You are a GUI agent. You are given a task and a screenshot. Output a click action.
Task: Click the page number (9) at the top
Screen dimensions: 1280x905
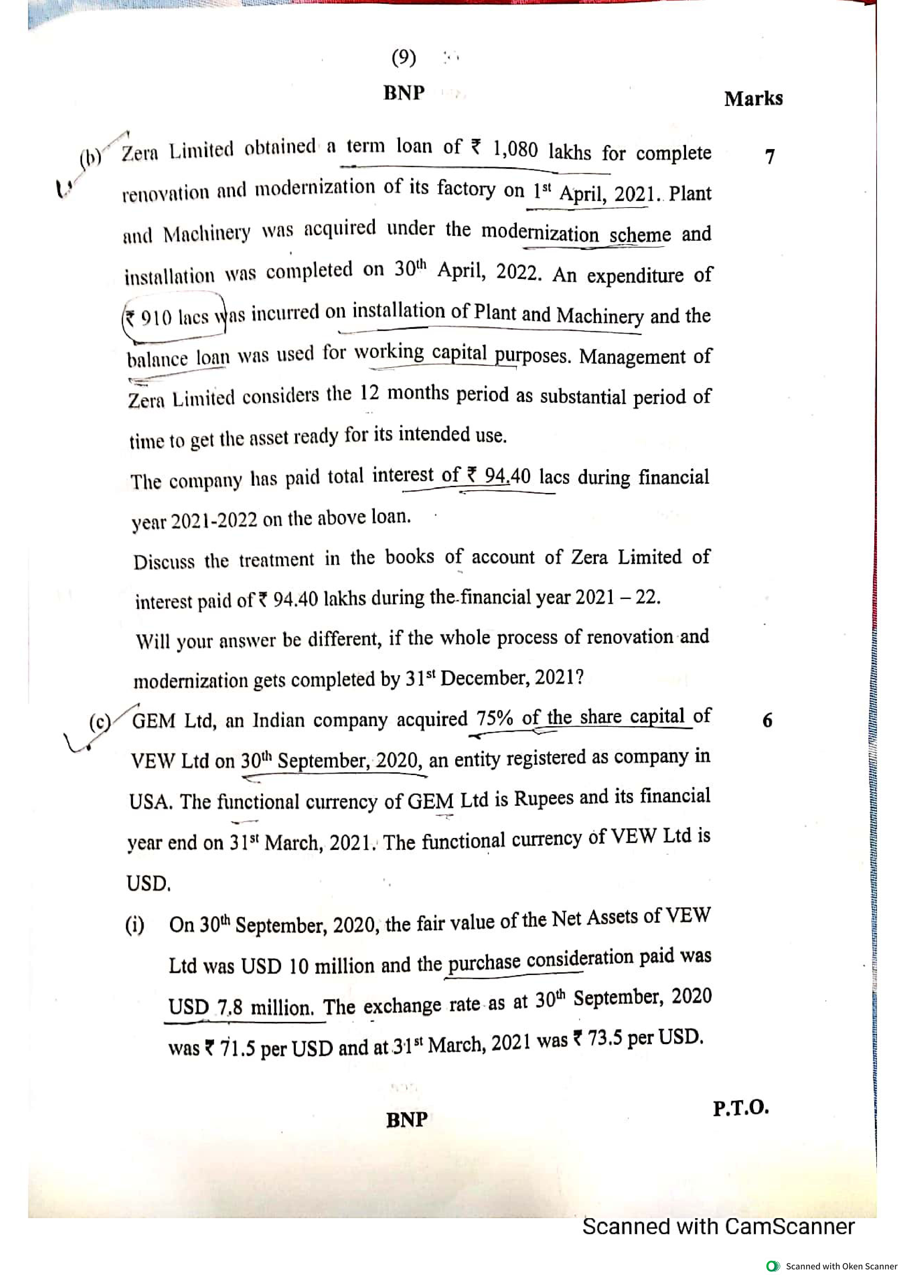[x=404, y=57]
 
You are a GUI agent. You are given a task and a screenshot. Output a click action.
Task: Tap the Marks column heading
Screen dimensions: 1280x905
[x=753, y=99]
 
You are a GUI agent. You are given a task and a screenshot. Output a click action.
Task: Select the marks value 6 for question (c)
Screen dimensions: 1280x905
[x=767, y=721]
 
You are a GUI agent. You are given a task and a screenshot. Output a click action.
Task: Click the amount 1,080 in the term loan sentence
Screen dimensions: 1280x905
[x=515, y=149]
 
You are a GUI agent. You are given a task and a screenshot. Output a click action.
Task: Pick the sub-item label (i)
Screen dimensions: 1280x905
[x=134, y=925]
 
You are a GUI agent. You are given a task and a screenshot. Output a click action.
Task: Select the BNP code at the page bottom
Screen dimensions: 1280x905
[x=406, y=1119]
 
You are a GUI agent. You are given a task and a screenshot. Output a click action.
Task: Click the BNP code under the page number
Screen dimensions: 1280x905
[x=404, y=93]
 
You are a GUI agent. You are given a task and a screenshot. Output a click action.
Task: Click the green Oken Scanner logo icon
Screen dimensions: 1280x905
[x=773, y=1266]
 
